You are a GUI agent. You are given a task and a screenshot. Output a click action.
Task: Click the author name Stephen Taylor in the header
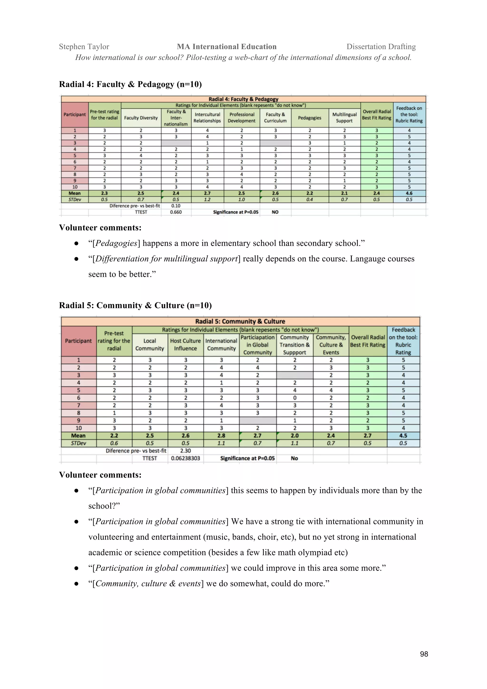pos(84,47)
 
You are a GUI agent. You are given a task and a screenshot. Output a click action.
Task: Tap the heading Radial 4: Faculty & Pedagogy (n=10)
pos(130,84)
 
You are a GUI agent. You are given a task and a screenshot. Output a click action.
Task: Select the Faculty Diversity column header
pos(141,118)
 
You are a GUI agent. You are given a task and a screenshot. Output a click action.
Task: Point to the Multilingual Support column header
pos(344,118)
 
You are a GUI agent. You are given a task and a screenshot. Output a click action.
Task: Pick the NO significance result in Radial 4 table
pos(275,212)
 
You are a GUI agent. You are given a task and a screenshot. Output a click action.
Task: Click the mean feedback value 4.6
pos(409,193)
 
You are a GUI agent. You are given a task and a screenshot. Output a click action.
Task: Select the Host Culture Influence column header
pos(185,344)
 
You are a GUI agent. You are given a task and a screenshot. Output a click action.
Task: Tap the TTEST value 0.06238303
pos(185,458)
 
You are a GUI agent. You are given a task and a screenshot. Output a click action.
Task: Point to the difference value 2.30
pos(185,451)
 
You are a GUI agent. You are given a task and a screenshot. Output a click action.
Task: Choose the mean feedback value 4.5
pos(403,435)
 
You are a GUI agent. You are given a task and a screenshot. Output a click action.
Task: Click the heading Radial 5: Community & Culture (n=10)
pos(135,306)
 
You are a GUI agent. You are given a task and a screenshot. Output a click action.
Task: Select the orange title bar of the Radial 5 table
pos(240,321)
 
